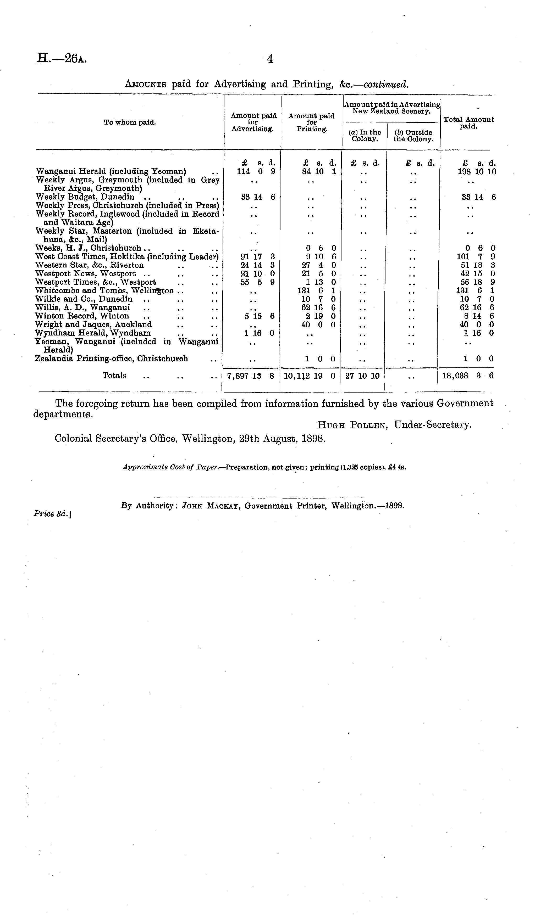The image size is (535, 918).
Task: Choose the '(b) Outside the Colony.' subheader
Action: pyautogui.click(x=413, y=136)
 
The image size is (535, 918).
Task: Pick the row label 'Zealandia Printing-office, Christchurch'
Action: pyautogui.click(x=112, y=359)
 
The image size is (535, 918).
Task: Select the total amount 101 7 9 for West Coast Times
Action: pyautogui.click(x=475, y=257)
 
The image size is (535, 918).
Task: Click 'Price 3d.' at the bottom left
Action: pyautogui.click(x=52, y=513)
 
